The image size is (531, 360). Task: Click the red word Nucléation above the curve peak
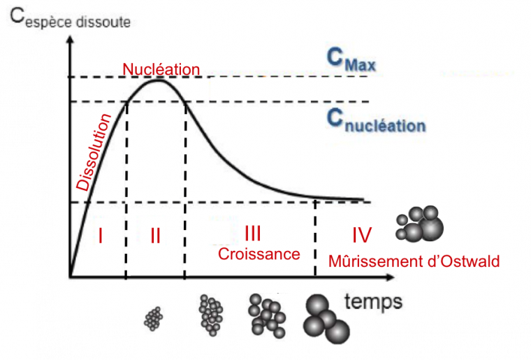coord(161,69)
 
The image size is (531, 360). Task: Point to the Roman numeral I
coord(101,236)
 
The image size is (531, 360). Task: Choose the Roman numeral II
coord(155,236)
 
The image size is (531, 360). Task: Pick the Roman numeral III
coord(253,233)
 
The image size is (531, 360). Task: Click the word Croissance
coord(259,254)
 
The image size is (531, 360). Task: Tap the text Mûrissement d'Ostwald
coord(414,262)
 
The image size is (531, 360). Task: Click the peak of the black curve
coord(159,79)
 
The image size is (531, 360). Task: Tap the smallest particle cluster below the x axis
coord(153,319)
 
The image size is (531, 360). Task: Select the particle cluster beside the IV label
coord(420,224)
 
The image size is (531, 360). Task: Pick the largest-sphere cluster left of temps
coord(324,320)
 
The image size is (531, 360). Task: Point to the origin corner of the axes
coord(71,278)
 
